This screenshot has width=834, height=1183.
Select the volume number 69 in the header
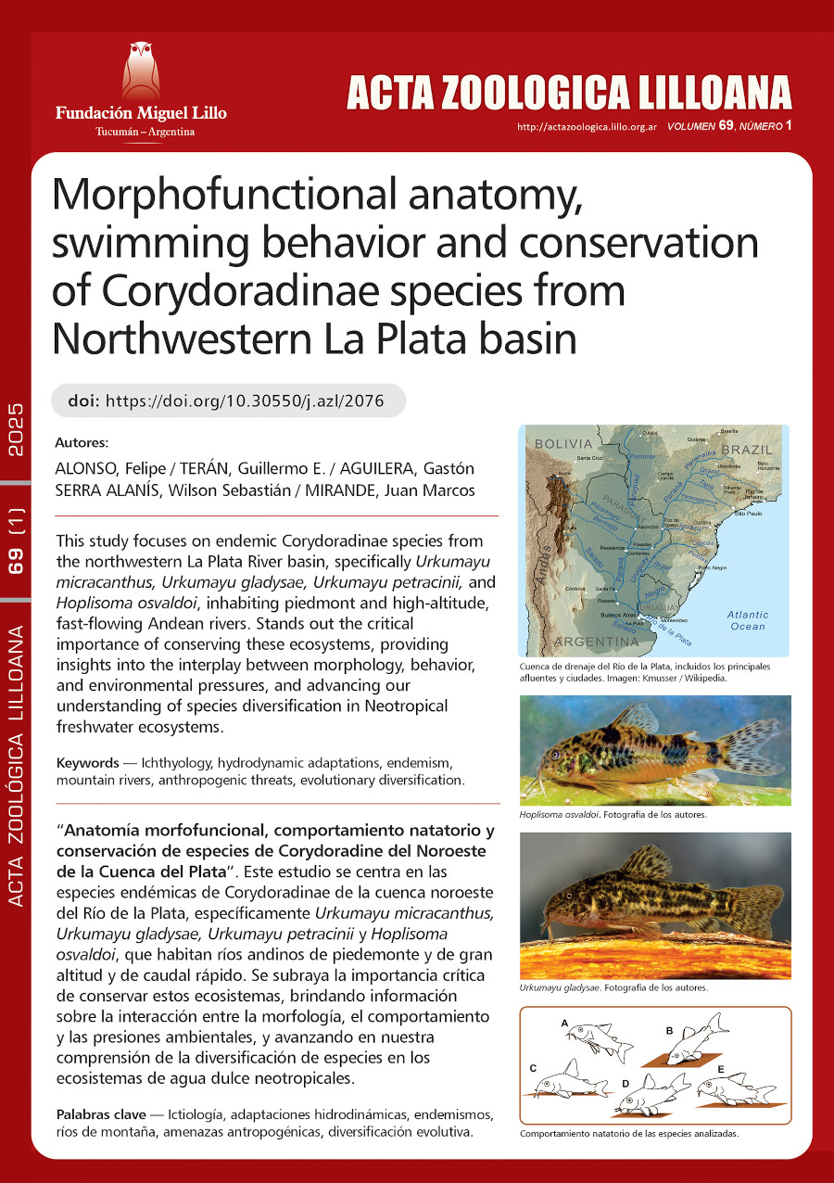[727, 125]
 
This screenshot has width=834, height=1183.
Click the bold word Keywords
[87, 763]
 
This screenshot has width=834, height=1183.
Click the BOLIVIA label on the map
[563, 444]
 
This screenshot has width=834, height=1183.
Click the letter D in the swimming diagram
[625, 1082]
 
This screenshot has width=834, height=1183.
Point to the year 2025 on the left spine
[17, 430]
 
